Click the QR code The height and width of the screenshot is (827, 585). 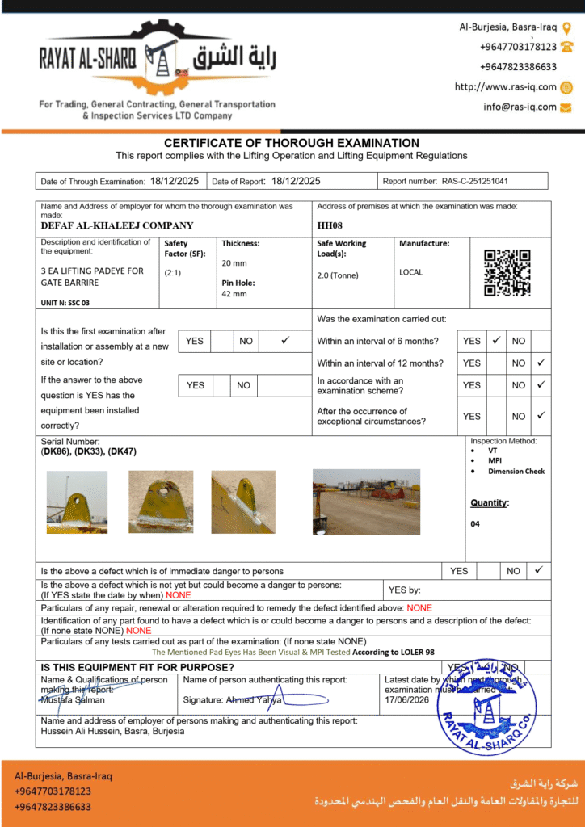click(x=507, y=273)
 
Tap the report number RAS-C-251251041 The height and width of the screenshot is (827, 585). click(x=475, y=182)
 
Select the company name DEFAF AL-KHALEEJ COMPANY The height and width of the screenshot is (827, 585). click(x=117, y=226)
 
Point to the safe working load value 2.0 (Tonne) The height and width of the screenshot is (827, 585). click(x=338, y=275)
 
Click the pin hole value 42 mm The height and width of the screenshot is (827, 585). click(x=234, y=294)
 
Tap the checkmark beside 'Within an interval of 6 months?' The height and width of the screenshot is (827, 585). click(x=497, y=341)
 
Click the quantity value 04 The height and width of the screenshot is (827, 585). click(x=475, y=524)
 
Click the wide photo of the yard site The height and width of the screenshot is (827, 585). click(x=366, y=502)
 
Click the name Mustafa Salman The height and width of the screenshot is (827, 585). click(x=72, y=699)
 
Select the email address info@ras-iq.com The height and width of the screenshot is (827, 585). click(x=520, y=107)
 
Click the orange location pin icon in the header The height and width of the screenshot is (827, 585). click(x=566, y=27)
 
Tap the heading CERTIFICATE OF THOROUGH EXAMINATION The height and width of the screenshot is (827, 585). click(x=292, y=143)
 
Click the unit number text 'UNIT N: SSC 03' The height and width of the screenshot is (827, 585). click(x=65, y=302)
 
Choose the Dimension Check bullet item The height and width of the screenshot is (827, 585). click(x=516, y=471)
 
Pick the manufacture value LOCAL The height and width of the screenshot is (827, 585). click(x=410, y=272)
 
